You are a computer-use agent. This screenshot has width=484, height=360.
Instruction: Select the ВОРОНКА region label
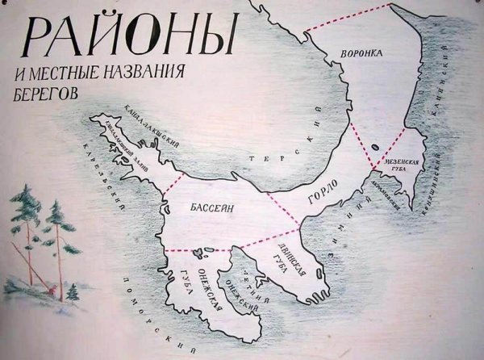point(361,54)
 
